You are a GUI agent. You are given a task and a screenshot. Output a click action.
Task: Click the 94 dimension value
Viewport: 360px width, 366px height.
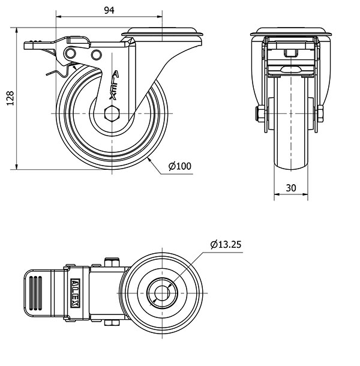point(109,10)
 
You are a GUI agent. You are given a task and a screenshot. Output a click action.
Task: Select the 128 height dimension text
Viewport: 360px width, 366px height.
point(10,98)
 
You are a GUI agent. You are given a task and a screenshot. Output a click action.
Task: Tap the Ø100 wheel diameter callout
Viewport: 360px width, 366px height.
point(180,166)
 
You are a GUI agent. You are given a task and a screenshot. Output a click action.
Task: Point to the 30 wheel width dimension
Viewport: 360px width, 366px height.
point(291,188)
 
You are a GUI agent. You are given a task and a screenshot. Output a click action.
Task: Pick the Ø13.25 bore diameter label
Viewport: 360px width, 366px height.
point(226,244)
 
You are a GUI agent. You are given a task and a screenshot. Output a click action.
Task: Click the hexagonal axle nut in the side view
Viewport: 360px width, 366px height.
point(112,113)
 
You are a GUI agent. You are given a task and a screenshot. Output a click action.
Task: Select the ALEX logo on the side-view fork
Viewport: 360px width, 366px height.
point(114,85)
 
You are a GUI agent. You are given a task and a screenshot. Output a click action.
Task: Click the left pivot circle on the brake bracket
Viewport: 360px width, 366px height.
point(70,53)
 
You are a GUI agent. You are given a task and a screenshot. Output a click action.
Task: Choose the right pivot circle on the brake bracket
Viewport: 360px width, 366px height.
point(96,55)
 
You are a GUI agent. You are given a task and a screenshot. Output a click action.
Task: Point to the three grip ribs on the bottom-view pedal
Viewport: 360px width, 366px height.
point(35,293)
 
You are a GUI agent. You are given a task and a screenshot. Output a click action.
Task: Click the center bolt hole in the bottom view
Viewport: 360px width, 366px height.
point(162,293)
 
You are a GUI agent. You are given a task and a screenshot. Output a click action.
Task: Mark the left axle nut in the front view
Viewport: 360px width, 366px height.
point(260,113)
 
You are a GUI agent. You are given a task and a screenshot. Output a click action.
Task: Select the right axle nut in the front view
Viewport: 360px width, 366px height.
point(320,113)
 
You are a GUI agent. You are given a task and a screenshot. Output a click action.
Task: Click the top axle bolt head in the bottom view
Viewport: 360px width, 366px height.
point(112,262)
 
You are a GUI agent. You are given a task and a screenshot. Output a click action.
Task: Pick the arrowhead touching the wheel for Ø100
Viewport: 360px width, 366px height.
point(149,160)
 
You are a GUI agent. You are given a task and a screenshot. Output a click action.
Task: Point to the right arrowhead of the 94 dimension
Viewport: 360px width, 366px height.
point(159,17)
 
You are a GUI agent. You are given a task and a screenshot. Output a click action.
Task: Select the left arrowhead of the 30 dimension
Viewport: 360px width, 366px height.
point(277,194)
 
